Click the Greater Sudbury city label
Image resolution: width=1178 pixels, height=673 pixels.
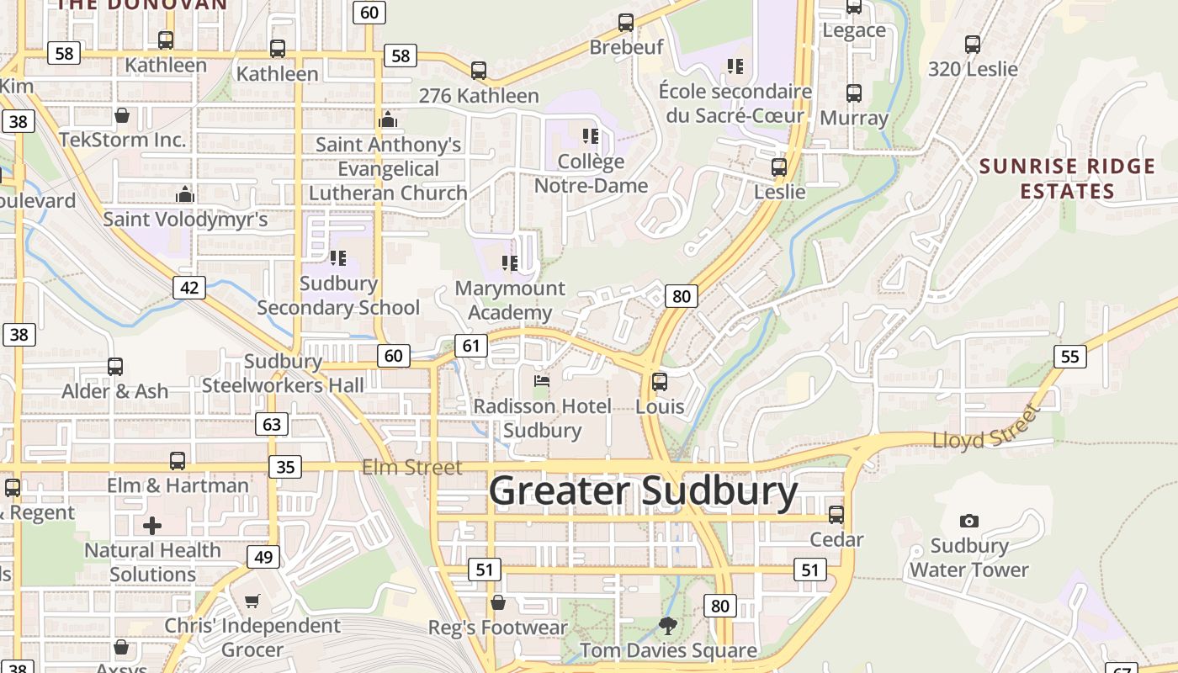(643, 490)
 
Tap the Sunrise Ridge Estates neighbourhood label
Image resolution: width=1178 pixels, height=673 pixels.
(1067, 178)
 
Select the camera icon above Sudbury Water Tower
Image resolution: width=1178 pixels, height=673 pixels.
(969, 522)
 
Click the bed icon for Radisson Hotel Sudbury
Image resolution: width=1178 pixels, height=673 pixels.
(542, 381)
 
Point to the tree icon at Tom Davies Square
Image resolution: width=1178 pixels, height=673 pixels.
(668, 626)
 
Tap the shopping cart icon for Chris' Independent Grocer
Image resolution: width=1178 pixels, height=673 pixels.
(252, 601)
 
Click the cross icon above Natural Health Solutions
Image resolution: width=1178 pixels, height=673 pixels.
(152, 527)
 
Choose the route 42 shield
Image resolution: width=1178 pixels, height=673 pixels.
(189, 288)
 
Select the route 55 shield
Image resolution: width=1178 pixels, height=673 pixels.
(1069, 356)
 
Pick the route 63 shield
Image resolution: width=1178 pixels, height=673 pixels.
(272, 424)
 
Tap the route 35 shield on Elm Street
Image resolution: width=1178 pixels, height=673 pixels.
(286, 466)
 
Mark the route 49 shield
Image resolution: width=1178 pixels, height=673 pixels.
(263, 556)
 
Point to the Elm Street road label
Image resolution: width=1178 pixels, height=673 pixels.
(412, 467)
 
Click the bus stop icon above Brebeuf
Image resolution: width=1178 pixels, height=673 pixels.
(626, 23)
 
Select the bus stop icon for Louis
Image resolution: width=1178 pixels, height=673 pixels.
(660, 382)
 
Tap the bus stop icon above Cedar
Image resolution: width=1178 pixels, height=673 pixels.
(836, 514)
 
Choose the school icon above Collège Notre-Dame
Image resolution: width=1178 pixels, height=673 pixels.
(591, 135)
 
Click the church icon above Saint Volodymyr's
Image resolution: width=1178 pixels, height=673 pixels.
(185, 195)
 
